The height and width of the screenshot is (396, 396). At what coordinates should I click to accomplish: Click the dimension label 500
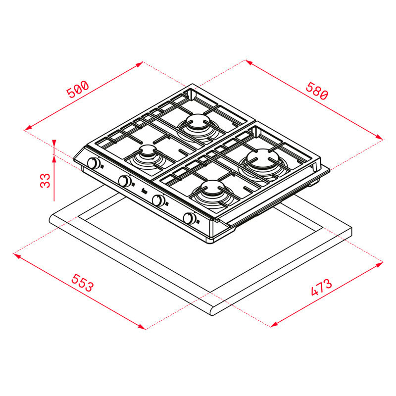click(x=77, y=90)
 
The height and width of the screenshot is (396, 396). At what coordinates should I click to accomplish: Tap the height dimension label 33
click(x=45, y=180)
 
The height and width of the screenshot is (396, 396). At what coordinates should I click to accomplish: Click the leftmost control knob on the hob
click(x=93, y=163)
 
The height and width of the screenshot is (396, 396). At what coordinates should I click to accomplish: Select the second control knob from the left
click(x=124, y=181)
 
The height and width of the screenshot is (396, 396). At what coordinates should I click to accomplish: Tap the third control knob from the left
click(x=158, y=200)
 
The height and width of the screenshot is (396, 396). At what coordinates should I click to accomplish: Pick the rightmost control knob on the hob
click(x=190, y=218)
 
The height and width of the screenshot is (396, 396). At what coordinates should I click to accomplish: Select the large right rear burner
click(x=263, y=159)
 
